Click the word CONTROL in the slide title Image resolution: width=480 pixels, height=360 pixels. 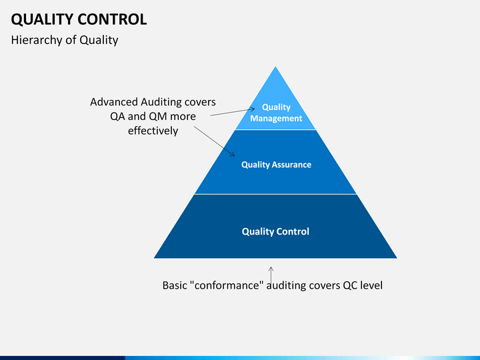[115, 19]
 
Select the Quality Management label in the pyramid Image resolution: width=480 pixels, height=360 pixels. [276, 113]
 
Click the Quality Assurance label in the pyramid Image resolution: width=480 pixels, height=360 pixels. [276, 165]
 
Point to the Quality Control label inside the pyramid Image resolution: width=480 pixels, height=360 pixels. [275, 232]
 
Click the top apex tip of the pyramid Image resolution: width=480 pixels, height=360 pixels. [275, 67]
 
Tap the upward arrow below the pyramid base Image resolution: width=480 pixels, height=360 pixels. [271, 273]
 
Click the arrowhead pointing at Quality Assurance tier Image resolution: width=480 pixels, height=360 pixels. [233, 155]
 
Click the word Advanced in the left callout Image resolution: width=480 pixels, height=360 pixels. [113, 102]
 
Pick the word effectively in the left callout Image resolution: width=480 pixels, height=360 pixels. [153, 131]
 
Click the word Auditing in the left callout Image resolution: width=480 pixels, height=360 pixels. [163, 102]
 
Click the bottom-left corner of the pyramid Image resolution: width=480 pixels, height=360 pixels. [155, 257]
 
